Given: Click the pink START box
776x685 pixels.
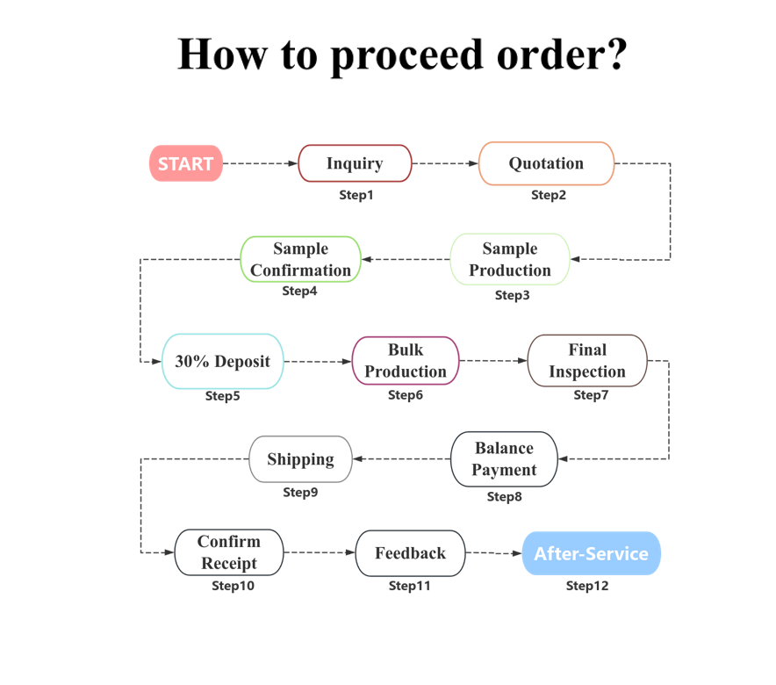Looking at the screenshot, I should [x=186, y=163].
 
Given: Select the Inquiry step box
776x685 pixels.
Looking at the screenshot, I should [x=355, y=163].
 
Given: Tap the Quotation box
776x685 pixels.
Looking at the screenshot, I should [x=546, y=163].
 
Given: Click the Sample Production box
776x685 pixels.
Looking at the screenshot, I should [x=510, y=259].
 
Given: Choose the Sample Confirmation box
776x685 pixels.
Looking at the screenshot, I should [x=301, y=259].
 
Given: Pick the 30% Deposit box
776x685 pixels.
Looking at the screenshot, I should [x=223, y=361].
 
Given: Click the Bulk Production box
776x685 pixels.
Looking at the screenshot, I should [x=406, y=361].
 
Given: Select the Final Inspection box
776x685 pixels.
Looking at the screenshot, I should [x=587, y=360].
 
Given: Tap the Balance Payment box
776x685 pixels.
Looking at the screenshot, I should [x=504, y=458].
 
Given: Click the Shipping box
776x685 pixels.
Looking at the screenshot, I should [x=301, y=458].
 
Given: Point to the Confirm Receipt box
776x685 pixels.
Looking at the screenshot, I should [x=229, y=552].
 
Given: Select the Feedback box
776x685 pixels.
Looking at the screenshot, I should [x=410, y=553].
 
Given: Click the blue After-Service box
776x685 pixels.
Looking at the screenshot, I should [x=591, y=553].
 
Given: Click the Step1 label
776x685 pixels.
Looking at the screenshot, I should [x=356, y=195].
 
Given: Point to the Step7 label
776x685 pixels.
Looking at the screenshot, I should [x=591, y=395].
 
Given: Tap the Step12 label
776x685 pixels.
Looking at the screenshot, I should [x=587, y=586].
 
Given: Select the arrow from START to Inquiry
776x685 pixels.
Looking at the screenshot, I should [x=261, y=163].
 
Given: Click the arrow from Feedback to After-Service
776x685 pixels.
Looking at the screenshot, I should [x=493, y=553].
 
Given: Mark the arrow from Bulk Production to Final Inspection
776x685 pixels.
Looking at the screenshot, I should [x=492, y=361].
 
